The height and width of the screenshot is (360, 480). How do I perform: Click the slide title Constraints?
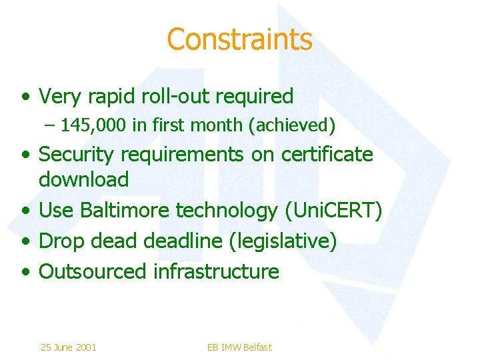click(x=239, y=39)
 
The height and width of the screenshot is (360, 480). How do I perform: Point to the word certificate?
click(x=327, y=155)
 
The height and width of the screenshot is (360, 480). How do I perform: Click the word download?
click(x=84, y=179)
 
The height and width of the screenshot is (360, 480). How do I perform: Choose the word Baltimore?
click(x=125, y=211)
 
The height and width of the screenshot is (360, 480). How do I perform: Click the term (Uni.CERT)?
click(x=333, y=211)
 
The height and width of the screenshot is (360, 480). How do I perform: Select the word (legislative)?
click(x=283, y=241)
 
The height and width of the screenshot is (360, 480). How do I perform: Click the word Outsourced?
click(x=93, y=271)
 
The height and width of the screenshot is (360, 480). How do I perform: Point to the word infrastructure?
click(x=216, y=271)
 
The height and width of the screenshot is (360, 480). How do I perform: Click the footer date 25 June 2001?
click(x=68, y=347)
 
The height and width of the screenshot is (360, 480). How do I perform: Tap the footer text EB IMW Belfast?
click(x=239, y=347)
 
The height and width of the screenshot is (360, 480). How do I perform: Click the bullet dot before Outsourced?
click(x=25, y=272)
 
